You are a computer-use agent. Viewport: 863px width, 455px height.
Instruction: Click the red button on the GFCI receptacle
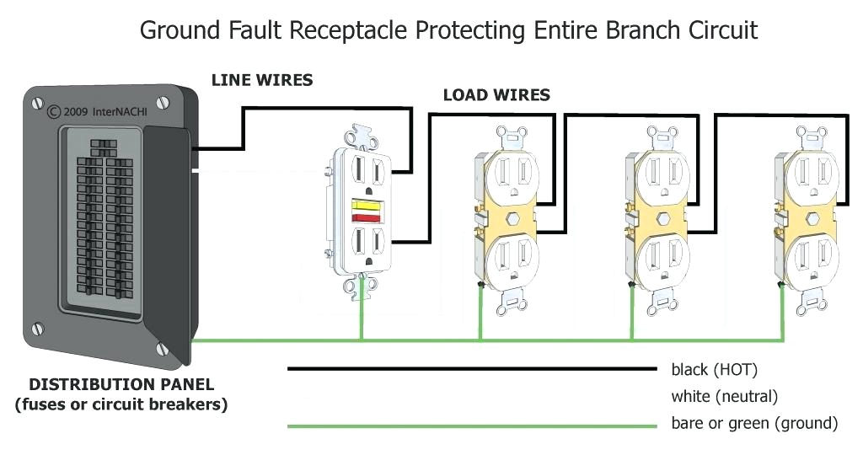(x=367, y=218)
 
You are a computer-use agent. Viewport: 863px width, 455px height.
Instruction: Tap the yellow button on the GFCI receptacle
(x=367, y=205)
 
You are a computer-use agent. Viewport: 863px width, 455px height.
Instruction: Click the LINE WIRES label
(x=262, y=81)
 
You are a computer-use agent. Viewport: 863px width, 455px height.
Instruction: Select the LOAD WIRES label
(x=496, y=95)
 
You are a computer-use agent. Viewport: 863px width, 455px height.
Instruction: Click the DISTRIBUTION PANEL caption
(x=121, y=385)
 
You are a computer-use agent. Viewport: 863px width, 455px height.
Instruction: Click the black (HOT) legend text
(x=714, y=369)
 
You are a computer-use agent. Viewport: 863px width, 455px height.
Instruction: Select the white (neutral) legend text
(x=724, y=396)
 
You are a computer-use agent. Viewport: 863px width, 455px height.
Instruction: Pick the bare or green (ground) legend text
(x=753, y=423)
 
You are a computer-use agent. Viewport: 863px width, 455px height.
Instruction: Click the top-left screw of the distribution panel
(x=36, y=103)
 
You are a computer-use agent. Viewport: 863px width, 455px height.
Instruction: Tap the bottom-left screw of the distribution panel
(x=36, y=326)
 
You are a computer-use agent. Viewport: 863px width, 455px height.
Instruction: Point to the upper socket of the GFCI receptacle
(x=368, y=171)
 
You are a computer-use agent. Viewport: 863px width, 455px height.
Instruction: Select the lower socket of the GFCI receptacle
(x=368, y=248)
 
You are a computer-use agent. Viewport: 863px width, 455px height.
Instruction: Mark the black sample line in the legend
(x=472, y=369)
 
